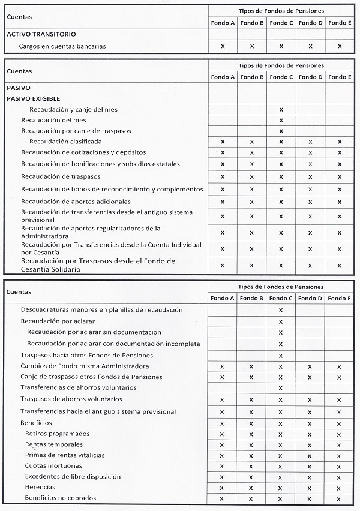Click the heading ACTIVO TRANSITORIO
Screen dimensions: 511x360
41,35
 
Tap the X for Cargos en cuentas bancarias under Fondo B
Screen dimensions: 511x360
252,46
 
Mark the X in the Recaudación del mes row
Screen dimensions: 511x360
281,121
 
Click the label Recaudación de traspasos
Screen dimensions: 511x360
61,176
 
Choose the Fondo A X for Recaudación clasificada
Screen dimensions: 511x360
223,142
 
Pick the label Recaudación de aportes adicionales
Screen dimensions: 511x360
76,202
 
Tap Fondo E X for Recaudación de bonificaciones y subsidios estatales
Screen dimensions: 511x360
340,164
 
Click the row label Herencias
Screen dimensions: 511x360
40,487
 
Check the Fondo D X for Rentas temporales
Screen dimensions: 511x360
310,445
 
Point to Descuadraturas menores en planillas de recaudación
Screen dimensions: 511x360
101,309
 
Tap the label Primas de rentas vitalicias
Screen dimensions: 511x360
64,455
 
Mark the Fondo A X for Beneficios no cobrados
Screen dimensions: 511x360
223,498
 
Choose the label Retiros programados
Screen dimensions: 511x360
58,433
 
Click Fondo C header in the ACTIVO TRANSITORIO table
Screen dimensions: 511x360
281,23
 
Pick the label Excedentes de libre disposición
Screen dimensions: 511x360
73,476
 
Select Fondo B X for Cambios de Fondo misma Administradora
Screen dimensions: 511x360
252,366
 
